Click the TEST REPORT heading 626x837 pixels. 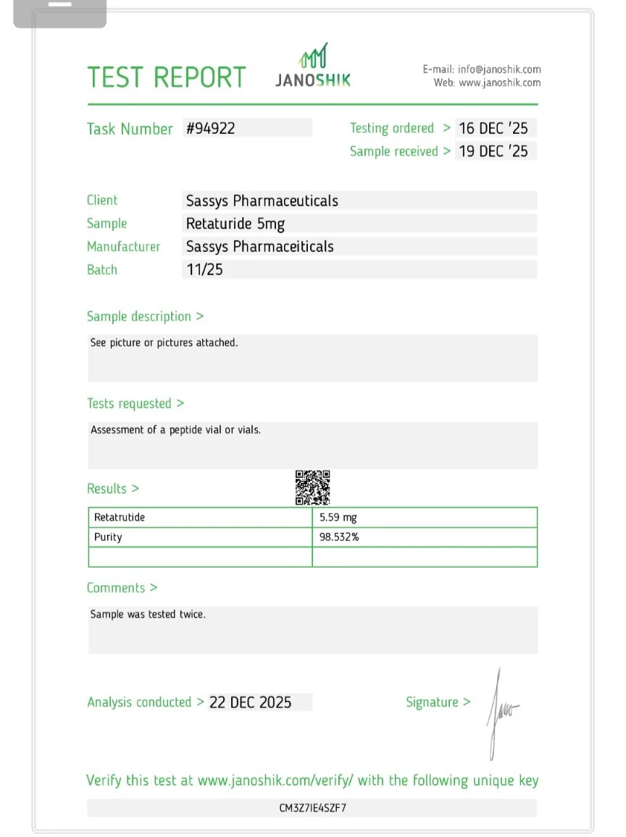[x=166, y=77]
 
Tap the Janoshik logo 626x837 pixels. [x=313, y=66]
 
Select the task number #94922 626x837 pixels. [x=211, y=128]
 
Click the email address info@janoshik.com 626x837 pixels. [x=499, y=70]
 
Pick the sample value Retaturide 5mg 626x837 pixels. [x=235, y=223]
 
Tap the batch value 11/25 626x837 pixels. [x=204, y=269]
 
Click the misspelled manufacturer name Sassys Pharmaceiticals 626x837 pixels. [x=259, y=246]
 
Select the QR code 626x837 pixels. [x=312, y=487]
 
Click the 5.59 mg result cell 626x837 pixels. [x=338, y=518]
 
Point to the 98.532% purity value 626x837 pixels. [x=339, y=537]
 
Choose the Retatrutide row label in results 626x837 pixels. [x=120, y=518]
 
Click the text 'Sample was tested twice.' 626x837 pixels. [x=148, y=614]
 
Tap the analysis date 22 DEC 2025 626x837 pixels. [x=250, y=702]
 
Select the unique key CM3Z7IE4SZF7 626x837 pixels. [x=312, y=807]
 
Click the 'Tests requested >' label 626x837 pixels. [x=135, y=403]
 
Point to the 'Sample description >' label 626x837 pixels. [x=145, y=316]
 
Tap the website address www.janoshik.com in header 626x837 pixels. [x=499, y=83]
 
